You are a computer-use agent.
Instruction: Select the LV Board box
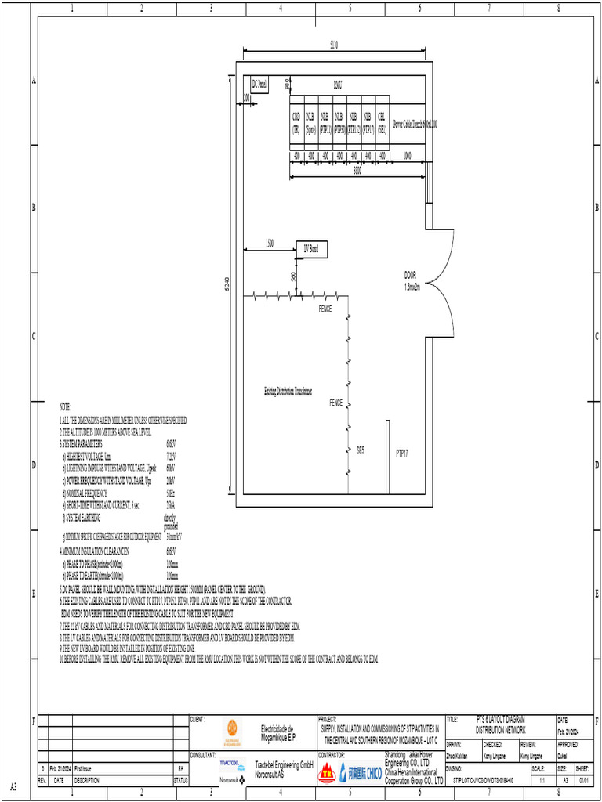311,250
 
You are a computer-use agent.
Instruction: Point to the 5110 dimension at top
334,45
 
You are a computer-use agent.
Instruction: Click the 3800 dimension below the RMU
357,170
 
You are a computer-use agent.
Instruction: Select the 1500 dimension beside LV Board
269,243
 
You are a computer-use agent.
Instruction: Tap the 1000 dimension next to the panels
407,156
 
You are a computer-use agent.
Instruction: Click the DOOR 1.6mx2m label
412,281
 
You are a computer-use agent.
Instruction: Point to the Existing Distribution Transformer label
288,390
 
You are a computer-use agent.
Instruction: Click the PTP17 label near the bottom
402,453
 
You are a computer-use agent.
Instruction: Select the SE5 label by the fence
361,450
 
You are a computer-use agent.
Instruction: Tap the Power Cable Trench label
415,124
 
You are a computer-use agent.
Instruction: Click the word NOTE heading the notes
64,407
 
